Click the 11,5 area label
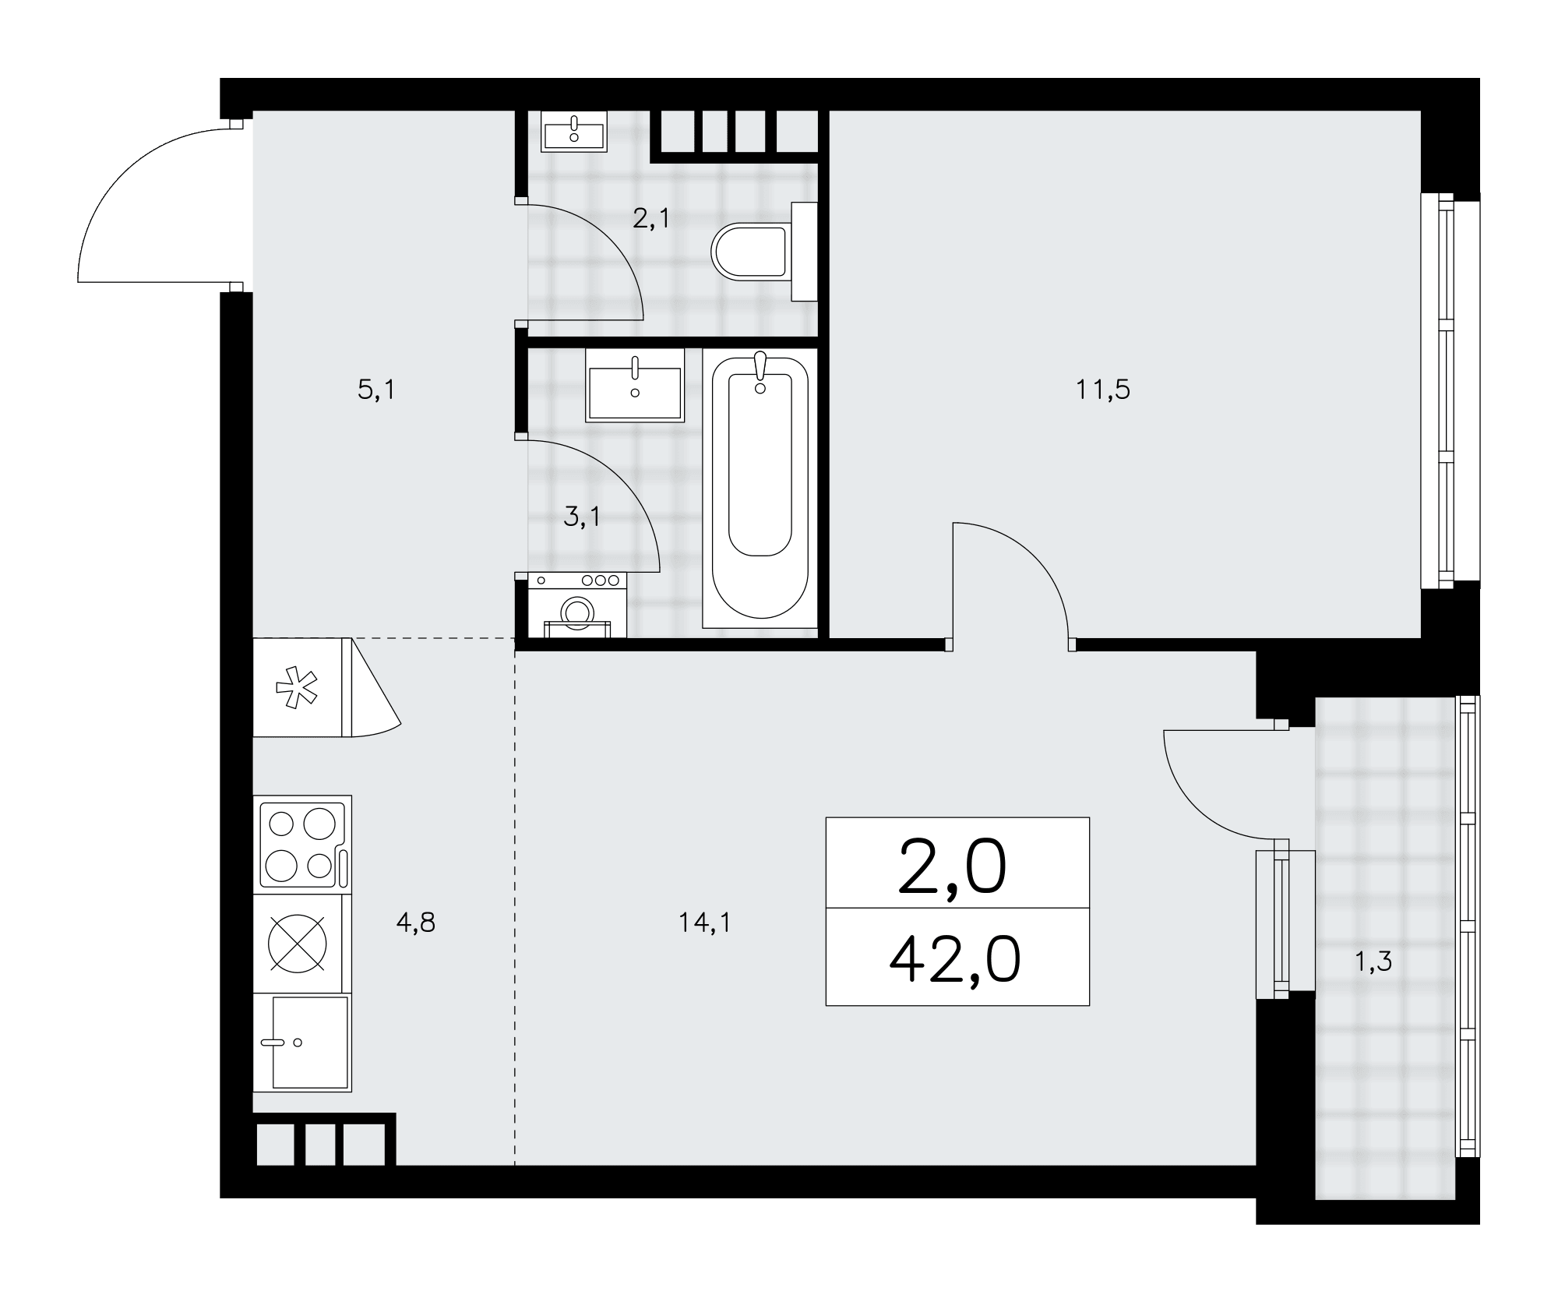1103,390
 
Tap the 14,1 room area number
704,923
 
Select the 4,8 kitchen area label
416,923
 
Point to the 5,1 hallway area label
376,390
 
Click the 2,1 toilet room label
651,219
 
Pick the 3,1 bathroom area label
582,517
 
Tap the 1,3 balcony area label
1373,962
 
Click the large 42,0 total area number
955,960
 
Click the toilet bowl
763,252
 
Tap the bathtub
760,488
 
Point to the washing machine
577,605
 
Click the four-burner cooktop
302,845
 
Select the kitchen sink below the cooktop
302,1043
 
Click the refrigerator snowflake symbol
297,687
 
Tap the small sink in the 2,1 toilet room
574,130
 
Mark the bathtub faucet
760,372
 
